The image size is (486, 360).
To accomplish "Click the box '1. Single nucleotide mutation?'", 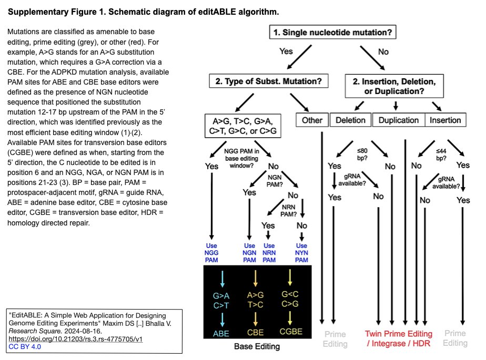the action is point(332,32).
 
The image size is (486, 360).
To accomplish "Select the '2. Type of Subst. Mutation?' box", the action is point(268,81).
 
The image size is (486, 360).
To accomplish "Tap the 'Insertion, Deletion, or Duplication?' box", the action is point(394,86).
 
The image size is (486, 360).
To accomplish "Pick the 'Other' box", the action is point(312,120).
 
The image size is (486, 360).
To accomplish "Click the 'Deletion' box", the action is point(350,120).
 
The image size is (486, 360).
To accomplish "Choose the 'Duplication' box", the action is point(398,120).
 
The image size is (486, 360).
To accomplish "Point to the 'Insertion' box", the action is point(445,120).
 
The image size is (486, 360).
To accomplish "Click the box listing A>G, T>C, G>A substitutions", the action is point(242,126).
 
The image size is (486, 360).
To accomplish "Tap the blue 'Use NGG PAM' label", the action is point(211,253).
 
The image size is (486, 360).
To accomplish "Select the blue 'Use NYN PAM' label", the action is point(301,253).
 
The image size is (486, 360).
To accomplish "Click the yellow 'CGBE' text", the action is point(291,332).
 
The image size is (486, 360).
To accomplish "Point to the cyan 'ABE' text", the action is point(221,333).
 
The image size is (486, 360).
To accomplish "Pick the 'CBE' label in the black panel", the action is point(256,333).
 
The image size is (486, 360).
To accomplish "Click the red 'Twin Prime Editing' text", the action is point(399,334).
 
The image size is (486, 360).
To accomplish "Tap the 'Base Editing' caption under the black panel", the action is point(257,346).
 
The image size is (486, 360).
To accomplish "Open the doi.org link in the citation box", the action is point(76,339).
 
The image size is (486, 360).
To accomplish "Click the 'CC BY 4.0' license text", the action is point(25,347).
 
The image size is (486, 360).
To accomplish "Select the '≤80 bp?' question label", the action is point(362,155).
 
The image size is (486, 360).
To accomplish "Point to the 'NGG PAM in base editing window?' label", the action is point(242,158).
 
